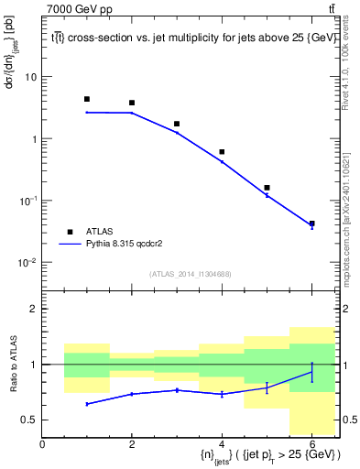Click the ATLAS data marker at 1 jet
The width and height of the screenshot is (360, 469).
(87, 99)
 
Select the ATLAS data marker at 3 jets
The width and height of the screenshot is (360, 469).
(177, 124)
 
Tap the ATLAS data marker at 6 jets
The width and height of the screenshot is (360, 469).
(311, 224)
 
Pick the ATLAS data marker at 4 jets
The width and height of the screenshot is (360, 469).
(222, 152)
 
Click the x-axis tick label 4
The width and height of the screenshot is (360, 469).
(222, 443)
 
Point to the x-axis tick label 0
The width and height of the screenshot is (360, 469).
(42, 443)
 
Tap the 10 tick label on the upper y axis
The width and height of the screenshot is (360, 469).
(30, 77)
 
